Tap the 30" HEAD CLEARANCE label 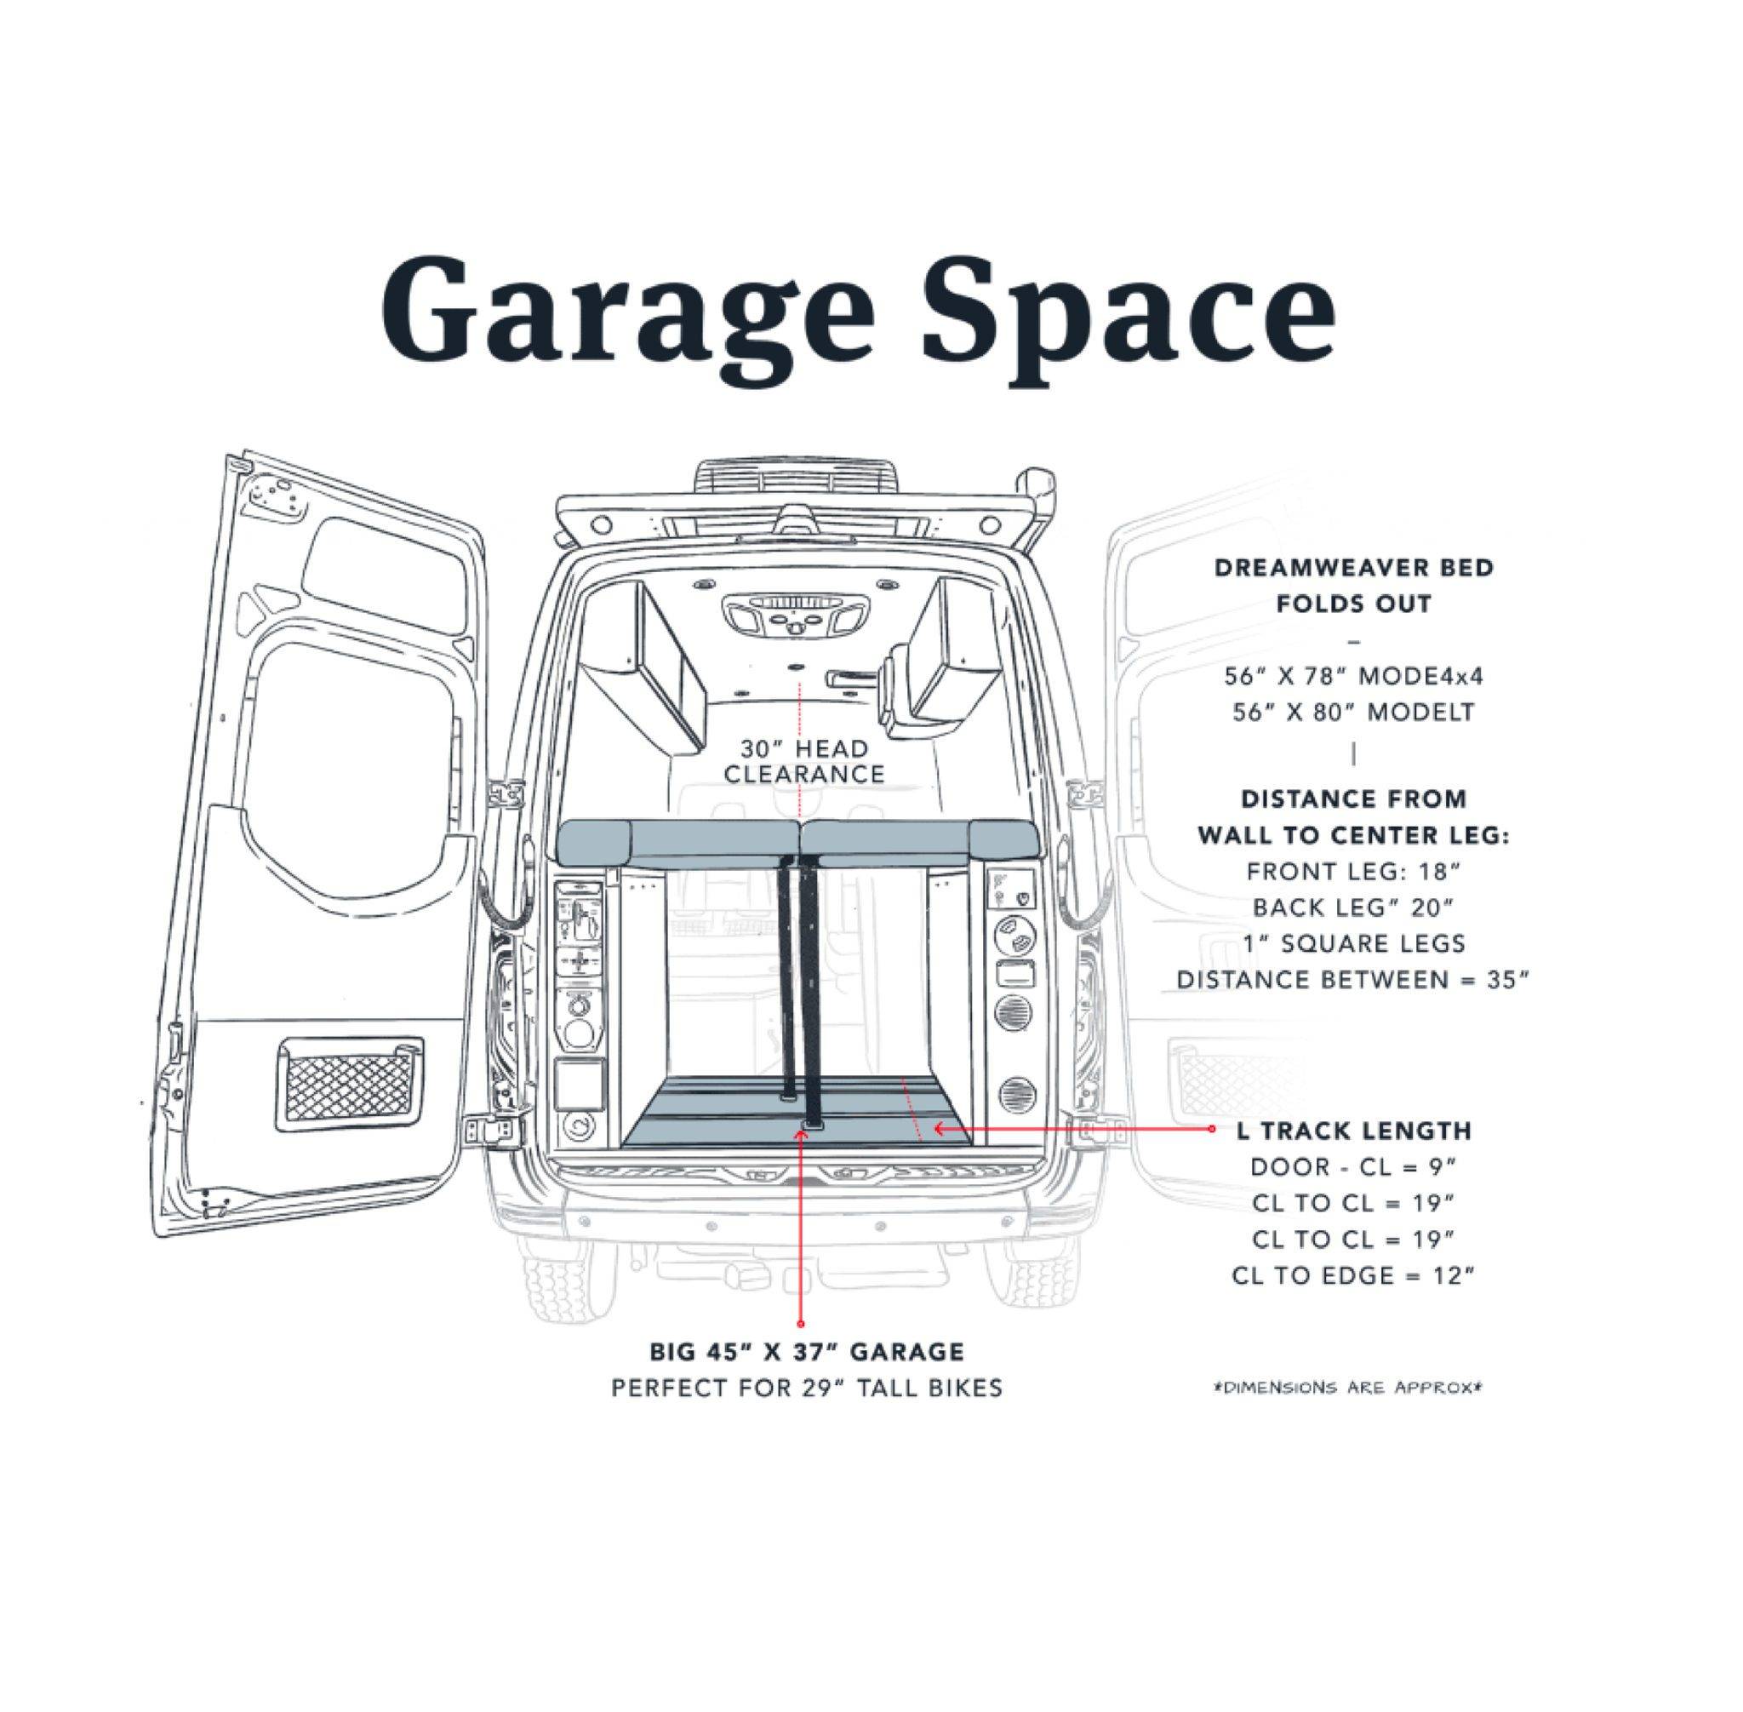click(x=803, y=761)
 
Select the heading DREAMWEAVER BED click(x=1354, y=569)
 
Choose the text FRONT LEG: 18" click(x=1353, y=871)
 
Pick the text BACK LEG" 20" click(x=1353, y=908)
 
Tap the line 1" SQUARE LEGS click(x=1353, y=943)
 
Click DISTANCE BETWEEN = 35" click(x=1353, y=979)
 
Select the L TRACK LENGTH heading click(x=1354, y=1131)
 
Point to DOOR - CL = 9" click(x=1353, y=1167)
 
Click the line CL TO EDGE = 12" click(x=1353, y=1275)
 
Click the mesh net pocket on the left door click(x=351, y=1083)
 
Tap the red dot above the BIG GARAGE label click(x=800, y=1323)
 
